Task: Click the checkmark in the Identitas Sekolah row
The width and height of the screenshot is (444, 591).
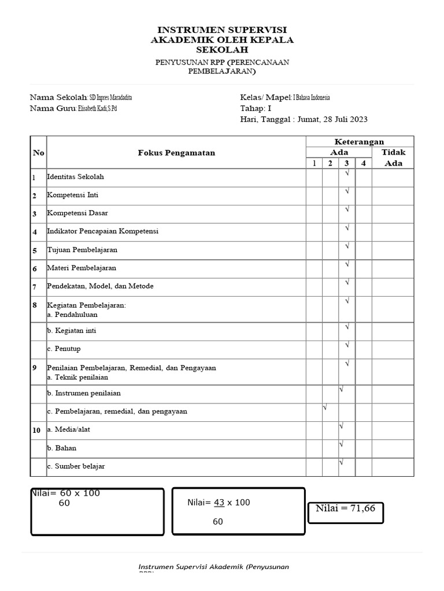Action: pyautogui.click(x=347, y=173)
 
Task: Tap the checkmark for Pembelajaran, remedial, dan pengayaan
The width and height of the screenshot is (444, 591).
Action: pyautogui.click(x=325, y=408)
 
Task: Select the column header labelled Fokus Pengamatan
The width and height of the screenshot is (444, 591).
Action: pyautogui.click(x=176, y=153)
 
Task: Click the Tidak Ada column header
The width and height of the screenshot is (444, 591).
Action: pyautogui.click(x=393, y=158)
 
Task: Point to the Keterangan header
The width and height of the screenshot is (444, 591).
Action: pyautogui.click(x=359, y=142)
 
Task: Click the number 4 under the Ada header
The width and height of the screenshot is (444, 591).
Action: pyautogui.click(x=363, y=163)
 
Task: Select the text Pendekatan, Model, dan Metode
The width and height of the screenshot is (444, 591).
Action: pyautogui.click(x=100, y=286)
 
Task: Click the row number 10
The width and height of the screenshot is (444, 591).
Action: pyautogui.click(x=36, y=430)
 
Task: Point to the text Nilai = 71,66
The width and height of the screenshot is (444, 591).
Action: pyautogui.click(x=345, y=508)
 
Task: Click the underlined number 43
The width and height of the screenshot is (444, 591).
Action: pyautogui.click(x=219, y=503)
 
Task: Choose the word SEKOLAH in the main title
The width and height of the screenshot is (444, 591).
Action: pyautogui.click(x=222, y=50)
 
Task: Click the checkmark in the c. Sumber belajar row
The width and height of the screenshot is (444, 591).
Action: pyautogui.click(x=342, y=462)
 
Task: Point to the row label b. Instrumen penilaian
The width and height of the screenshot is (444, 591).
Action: pyautogui.click(x=83, y=393)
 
